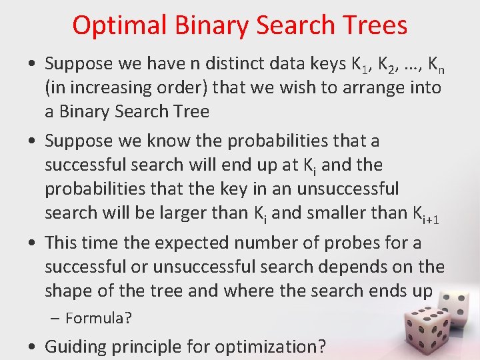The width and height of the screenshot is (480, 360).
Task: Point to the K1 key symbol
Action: point(361,65)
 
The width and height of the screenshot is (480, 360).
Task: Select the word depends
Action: point(364,267)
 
